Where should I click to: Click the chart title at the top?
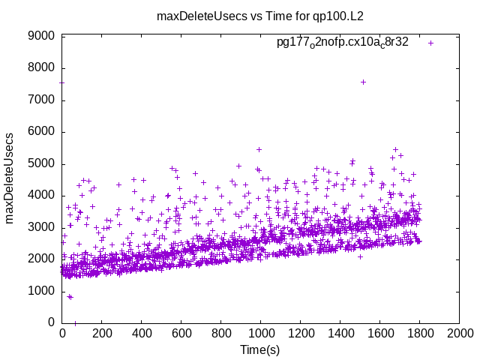(259, 16)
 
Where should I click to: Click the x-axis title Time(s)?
(259, 349)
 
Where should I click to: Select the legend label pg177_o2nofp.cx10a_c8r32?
(343, 42)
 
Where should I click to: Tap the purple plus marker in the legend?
(430, 43)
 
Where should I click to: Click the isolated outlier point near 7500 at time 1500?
(363, 82)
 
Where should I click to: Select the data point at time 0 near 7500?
(61, 82)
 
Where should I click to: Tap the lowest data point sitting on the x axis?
(74, 323)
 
